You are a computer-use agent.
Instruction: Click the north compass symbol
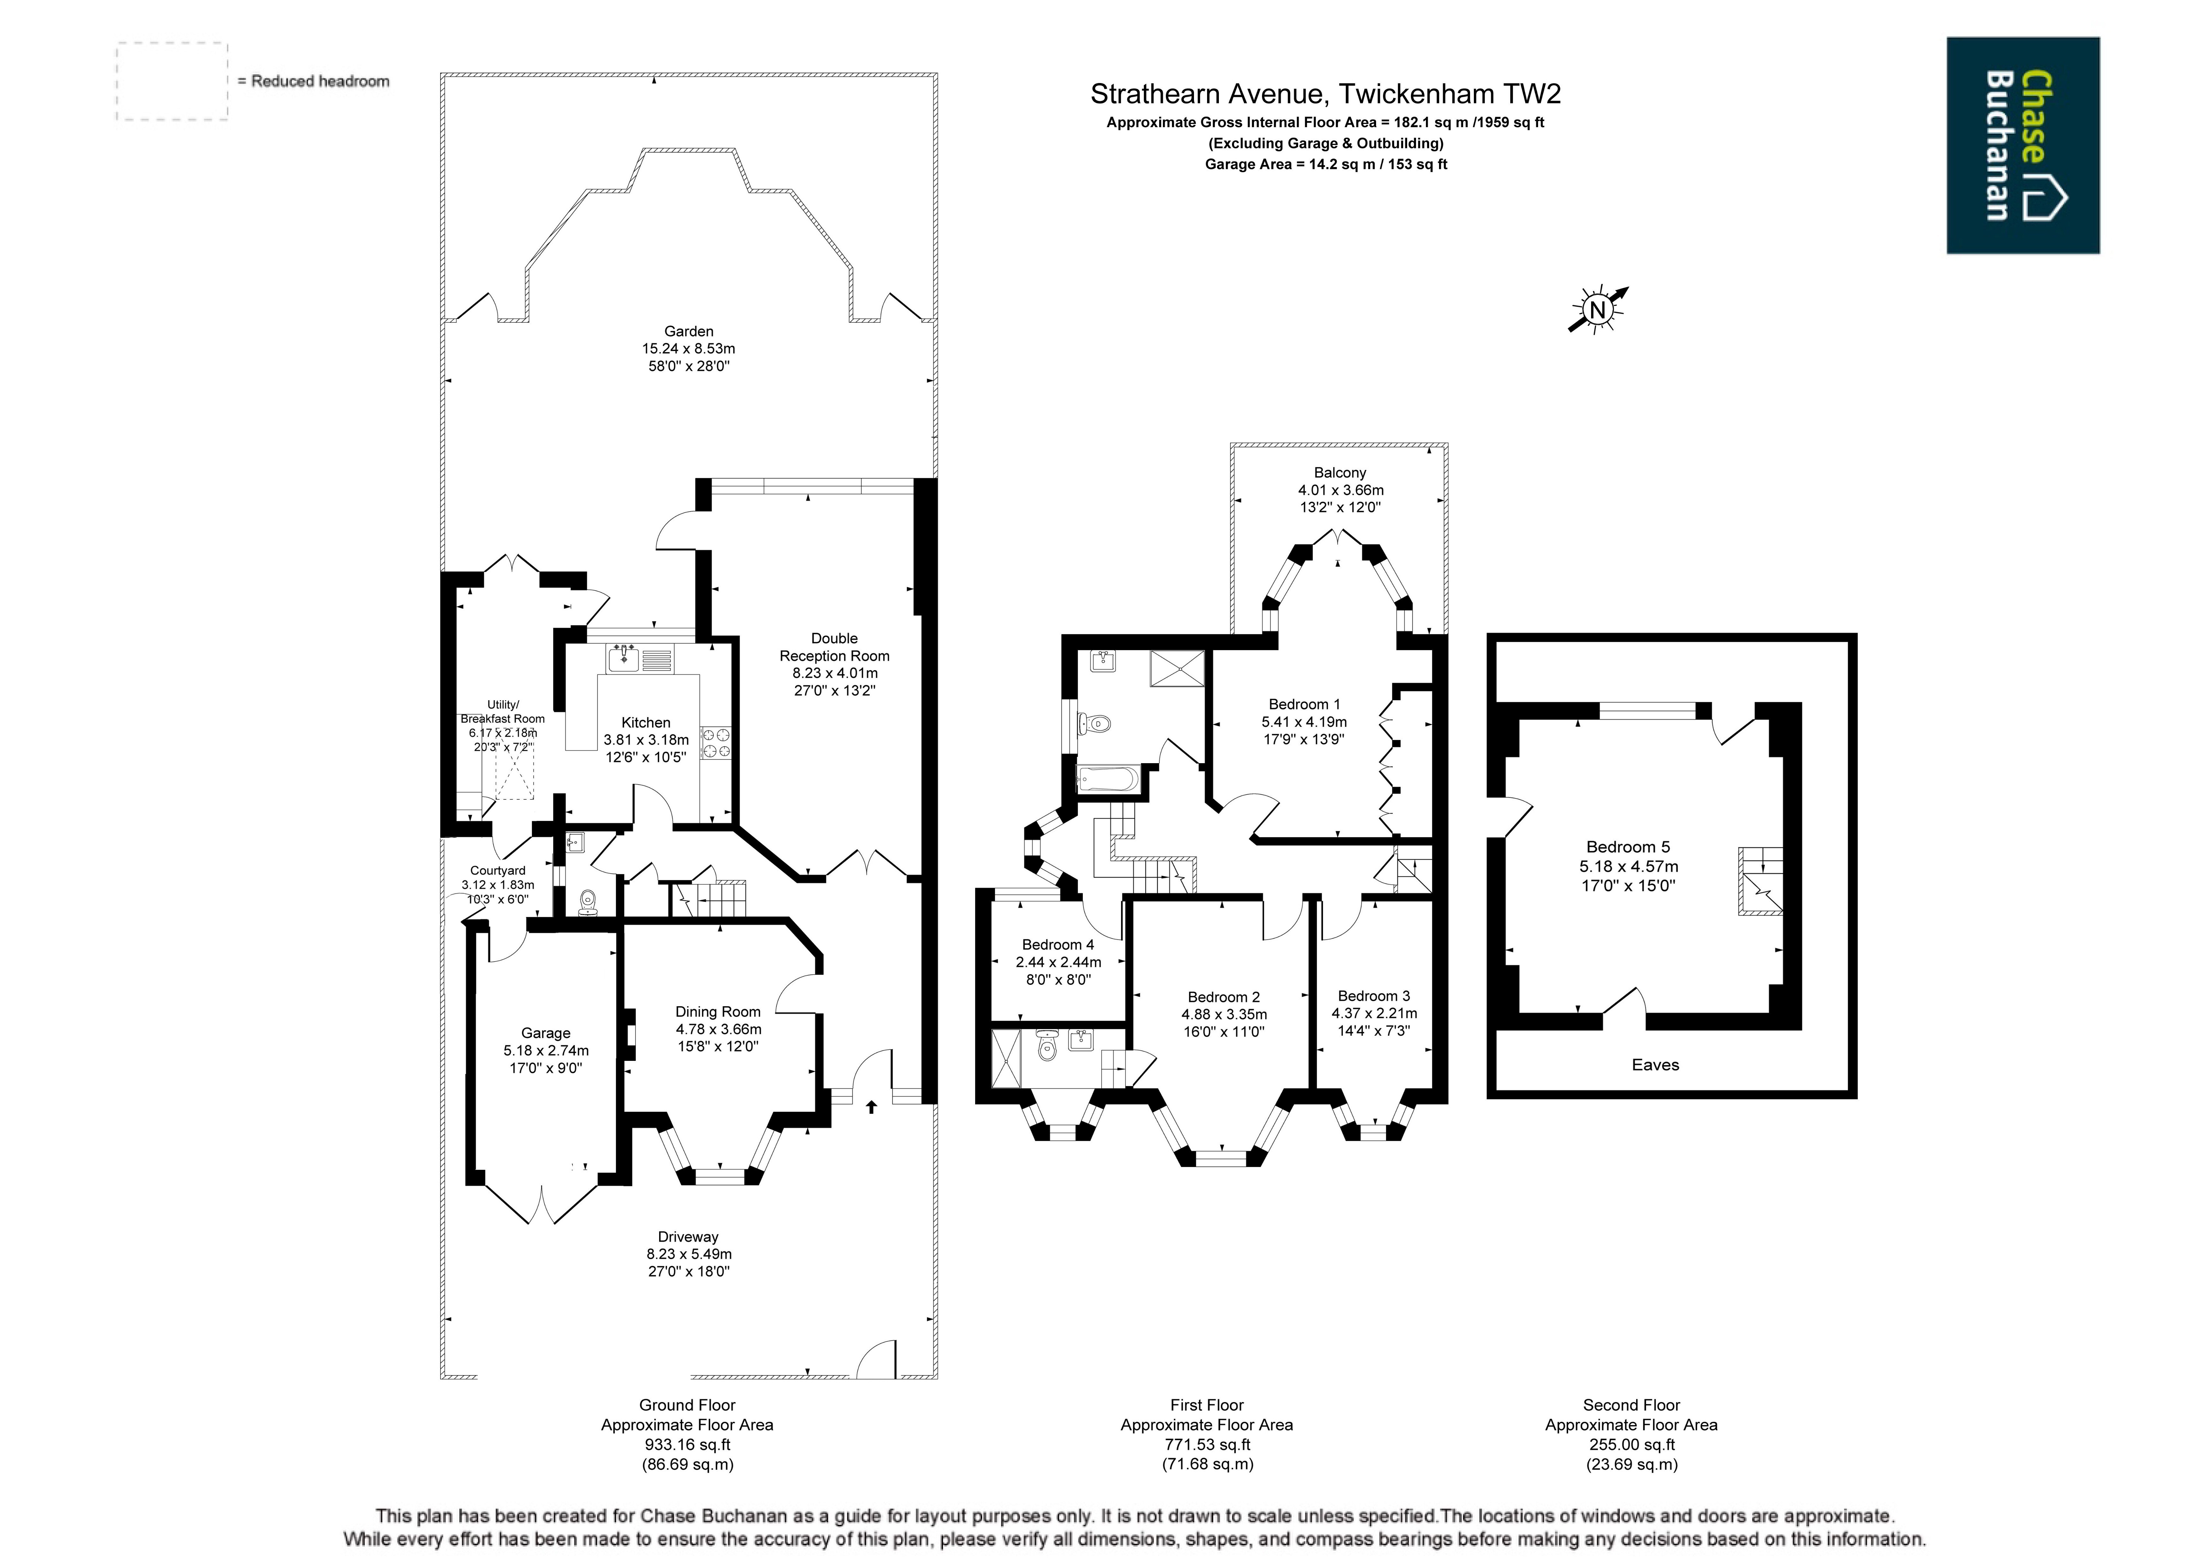point(1598,309)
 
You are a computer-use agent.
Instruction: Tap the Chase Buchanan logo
point(2022,145)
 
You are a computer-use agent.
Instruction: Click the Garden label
point(689,331)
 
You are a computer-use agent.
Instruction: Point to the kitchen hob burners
point(716,742)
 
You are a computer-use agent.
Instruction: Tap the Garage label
point(546,1032)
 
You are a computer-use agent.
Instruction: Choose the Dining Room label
point(718,1011)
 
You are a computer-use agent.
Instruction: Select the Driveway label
point(689,1237)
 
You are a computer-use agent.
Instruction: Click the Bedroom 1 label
point(1304,704)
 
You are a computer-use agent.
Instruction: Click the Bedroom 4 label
point(1058,945)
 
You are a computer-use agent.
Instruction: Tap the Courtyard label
point(498,870)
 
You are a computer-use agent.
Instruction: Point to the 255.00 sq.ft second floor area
point(1632,1445)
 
